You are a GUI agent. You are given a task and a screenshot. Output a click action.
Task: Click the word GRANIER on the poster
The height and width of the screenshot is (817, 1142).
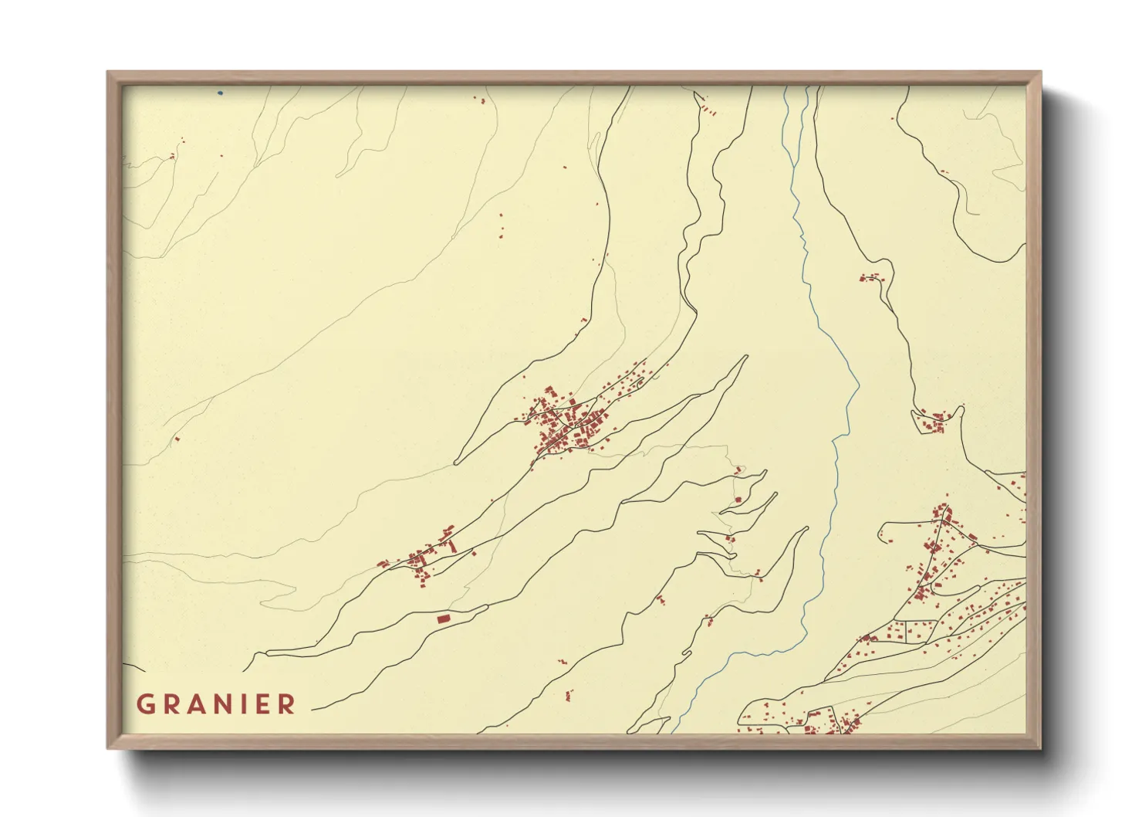click(x=216, y=704)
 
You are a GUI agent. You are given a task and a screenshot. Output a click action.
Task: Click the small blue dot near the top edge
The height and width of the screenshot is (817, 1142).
click(x=220, y=93)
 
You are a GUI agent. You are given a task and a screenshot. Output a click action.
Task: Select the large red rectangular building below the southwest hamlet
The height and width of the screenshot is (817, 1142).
click(x=443, y=619)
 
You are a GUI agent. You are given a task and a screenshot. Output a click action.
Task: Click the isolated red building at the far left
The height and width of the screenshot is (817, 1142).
click(x=177, y=439)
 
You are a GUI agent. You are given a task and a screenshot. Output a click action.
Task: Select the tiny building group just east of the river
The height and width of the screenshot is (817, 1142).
click(x=870, y=277)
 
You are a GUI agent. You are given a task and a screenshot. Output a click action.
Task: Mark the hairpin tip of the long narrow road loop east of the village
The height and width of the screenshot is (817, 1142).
click(x=745, y=357)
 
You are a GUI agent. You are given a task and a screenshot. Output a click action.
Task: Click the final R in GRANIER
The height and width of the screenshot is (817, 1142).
click(x=287, y=704)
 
